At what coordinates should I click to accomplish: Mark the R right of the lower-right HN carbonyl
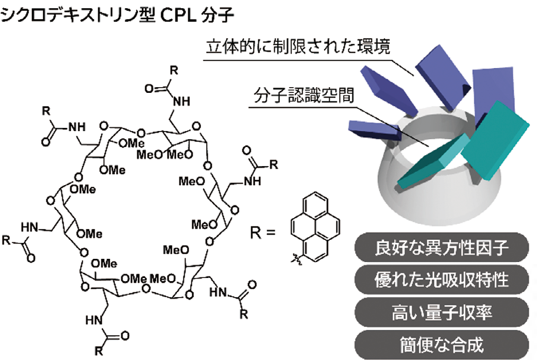[x=244, y=313]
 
